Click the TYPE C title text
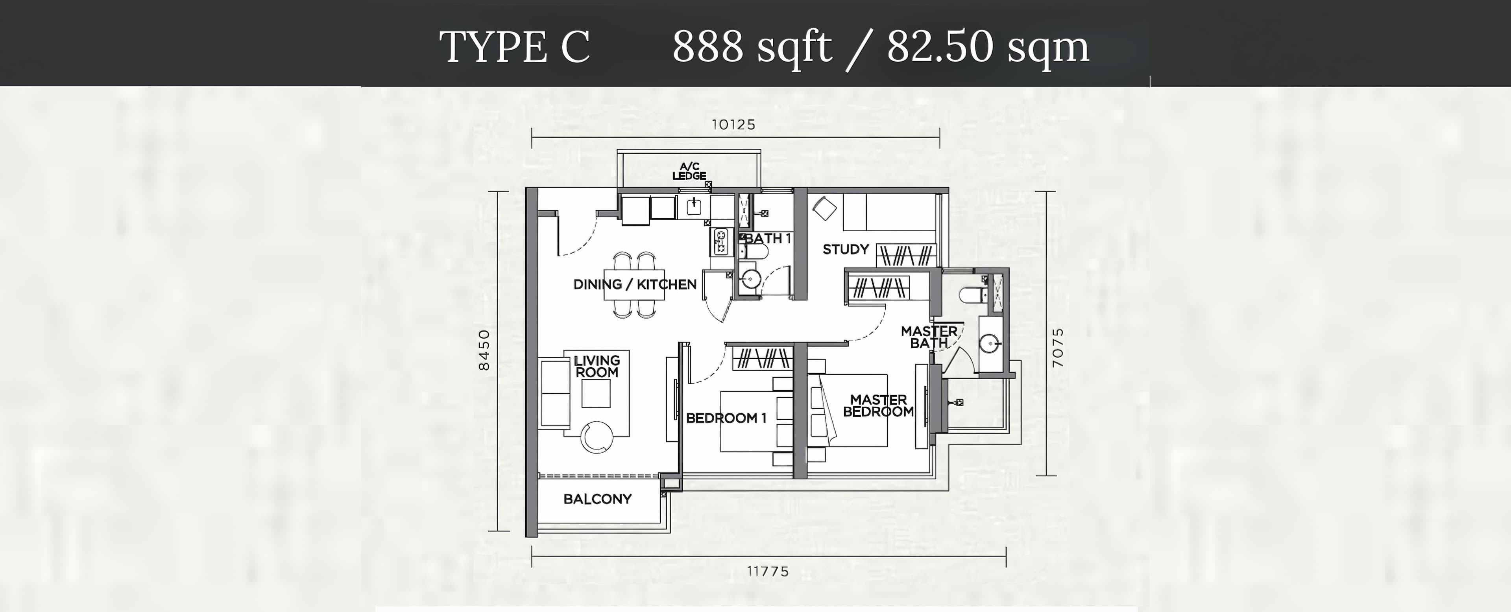(x=514, y=47)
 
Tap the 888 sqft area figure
(x=752, y=47)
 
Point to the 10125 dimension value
(x=734, y=124)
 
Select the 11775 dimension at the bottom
(x=768, y=571)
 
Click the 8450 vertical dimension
(x=484, y=350)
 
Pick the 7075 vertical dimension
(x=1058, y=348)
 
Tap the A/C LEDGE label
(x=689, y=171)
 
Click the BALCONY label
(x=597, y=499)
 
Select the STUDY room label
(x=845, y=249)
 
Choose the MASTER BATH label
(x=929, y=337)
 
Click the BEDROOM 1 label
(x=726, y=418)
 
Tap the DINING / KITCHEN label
(x=635, y=284)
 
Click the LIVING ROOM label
(x=597, y=366)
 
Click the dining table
(x=635, y=286)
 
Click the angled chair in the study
(x=824, y=208)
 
